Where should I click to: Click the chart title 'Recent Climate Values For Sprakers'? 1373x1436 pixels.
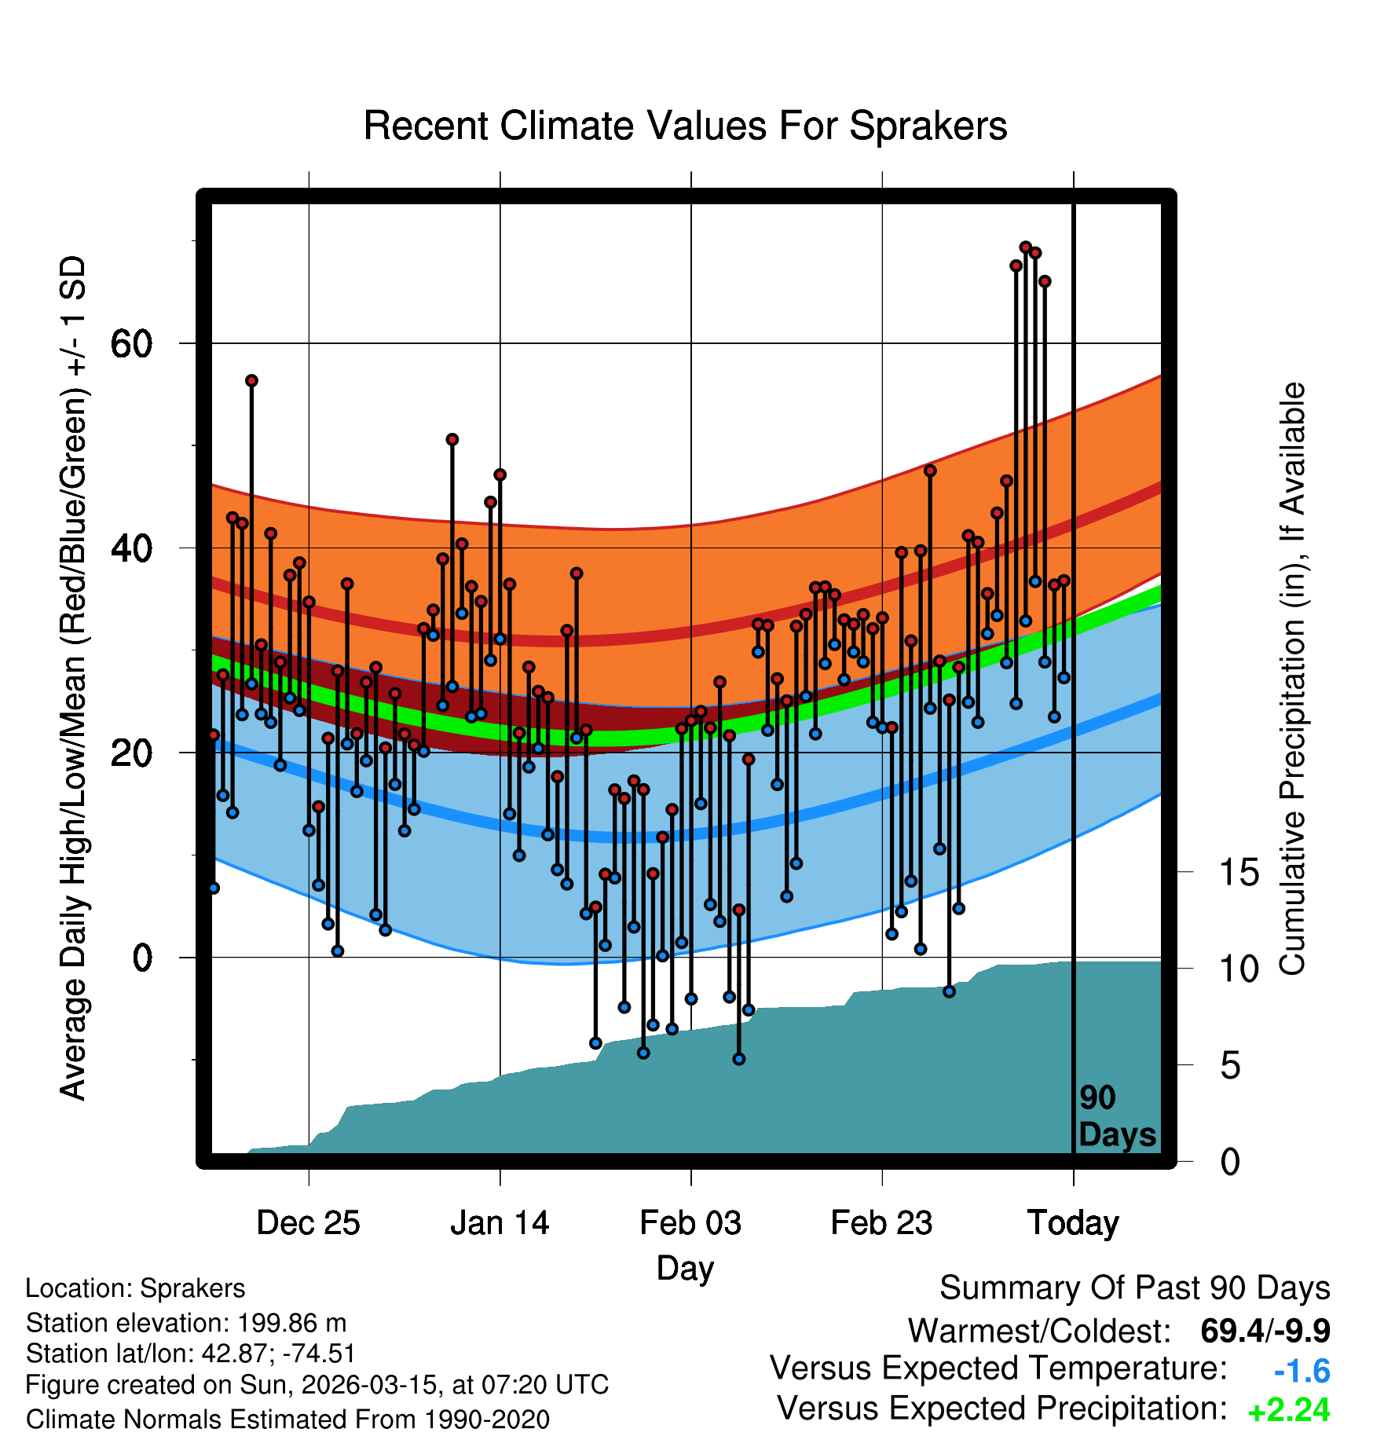(685, 126)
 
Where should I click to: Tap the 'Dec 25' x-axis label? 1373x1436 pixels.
(308, 1223)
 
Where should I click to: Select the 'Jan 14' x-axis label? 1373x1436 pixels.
(500, 1223)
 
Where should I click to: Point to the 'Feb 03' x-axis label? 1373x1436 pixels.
(690, 1223)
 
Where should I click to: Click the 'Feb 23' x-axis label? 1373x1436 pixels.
(881, 1223)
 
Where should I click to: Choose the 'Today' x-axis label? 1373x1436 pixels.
(1073, 1223)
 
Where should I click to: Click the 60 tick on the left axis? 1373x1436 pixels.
(131, 343)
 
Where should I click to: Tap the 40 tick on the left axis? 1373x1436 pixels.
(131, 548)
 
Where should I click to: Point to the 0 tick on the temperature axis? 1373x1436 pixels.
(142, 958)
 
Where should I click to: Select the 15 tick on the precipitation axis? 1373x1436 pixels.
(1239, 872)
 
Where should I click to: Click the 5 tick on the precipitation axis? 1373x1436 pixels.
(1230, 1066)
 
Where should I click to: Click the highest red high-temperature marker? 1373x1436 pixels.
(1025, 247)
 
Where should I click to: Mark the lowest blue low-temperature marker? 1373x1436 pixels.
(738, 1059)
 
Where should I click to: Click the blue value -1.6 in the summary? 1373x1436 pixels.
(1302, 1372)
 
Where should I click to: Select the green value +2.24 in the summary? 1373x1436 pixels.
(1289, 1411)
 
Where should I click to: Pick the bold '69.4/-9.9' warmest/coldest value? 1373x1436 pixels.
(1265, 1332)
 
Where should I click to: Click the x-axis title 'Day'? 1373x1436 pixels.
(685, 1268)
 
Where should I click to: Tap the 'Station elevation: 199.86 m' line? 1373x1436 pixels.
(186, 1323)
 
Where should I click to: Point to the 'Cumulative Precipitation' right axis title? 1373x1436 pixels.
(1292, 679)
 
